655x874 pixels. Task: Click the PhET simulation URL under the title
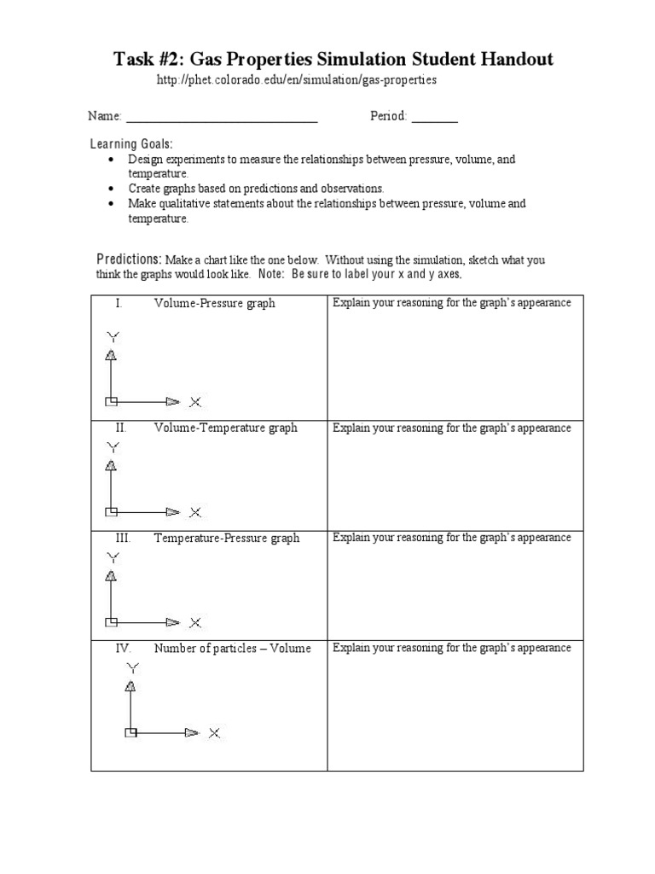click(x=297, y=79)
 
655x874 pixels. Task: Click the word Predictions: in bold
click(x=129, y=259)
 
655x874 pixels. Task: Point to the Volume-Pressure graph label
click(x=214, y=303)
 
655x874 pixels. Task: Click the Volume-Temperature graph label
click(x=225, y=428)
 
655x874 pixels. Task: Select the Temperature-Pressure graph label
click(x=227, y=538)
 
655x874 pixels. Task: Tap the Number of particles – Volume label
click(x=232, y=648)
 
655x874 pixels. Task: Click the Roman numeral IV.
click(x=124, y=648)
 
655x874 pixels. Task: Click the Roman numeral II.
click(x=121, y=428)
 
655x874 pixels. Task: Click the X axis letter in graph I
click(x=195, y=401)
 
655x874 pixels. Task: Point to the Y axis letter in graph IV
click(x=130, y=667)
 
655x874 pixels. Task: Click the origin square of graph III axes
click(x=110, y=622)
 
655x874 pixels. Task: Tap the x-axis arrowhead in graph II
click(x=173, y=512)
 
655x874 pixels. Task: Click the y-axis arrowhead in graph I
click(x=110, y=355)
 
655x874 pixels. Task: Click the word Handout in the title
click(x=517, y=59)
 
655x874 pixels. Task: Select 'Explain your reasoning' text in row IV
click(x=388, y=648)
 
